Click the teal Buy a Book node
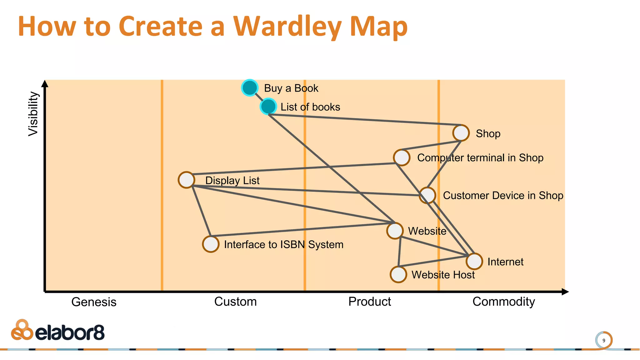(x=250, y=88)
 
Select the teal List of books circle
(x=268, y=107)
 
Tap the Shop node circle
(x=461, y=133)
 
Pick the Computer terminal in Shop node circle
(x=402, y=157)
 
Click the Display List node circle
(x=187, y=180)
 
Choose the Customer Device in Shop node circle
(x=427, y=195)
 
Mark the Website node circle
(x=395, y=231)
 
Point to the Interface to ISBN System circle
(x=211, y=244)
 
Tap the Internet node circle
(x=474, y=261)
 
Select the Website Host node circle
(x=398, y=274)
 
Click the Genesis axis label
(x=94, y=302)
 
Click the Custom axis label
(x=235, y=302)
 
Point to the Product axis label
(x=369, y=302)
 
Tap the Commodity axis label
(x=503, y=302)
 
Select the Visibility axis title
(x=33, y=114)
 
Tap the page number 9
(x=604, y=340)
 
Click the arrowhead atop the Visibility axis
(x=45, y=83)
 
